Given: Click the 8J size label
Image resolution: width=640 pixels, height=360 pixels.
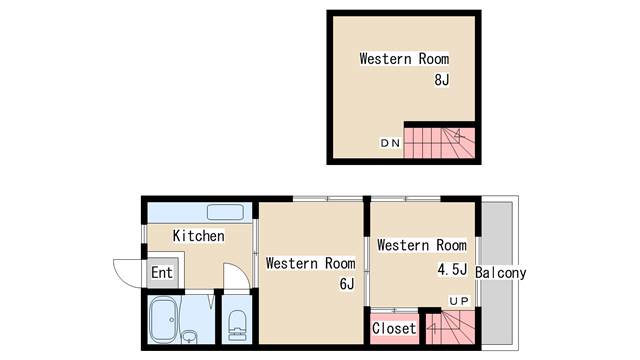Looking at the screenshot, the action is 442,80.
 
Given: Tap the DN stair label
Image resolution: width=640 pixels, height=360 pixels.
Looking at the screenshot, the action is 391,143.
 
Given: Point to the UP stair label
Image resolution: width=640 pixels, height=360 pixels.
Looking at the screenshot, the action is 460,301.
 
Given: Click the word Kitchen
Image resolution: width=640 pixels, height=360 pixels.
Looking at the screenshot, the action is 198,236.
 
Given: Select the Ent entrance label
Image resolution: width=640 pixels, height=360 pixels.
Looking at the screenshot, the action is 162,272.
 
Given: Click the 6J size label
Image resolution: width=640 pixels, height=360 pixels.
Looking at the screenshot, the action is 347,284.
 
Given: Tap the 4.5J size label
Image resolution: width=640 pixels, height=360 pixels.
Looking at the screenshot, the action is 452,269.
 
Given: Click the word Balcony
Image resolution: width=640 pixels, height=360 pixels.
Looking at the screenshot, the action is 501,273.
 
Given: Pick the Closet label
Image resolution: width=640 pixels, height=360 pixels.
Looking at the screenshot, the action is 394,328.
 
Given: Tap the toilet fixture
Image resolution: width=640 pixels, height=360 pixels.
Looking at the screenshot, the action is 237,325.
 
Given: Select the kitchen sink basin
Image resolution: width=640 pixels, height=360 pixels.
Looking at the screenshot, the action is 225,212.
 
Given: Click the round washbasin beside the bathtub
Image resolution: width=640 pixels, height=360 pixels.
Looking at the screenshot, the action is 189,336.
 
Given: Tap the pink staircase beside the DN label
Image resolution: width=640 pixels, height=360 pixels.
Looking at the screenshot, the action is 439,143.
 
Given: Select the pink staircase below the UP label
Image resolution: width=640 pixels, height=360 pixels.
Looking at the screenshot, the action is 450,327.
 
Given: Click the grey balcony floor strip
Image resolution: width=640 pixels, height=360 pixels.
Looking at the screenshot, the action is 497,273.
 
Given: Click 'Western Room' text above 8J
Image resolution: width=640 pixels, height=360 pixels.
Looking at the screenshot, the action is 404,59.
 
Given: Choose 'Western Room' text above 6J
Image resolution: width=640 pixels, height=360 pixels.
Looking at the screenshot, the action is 310,263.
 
